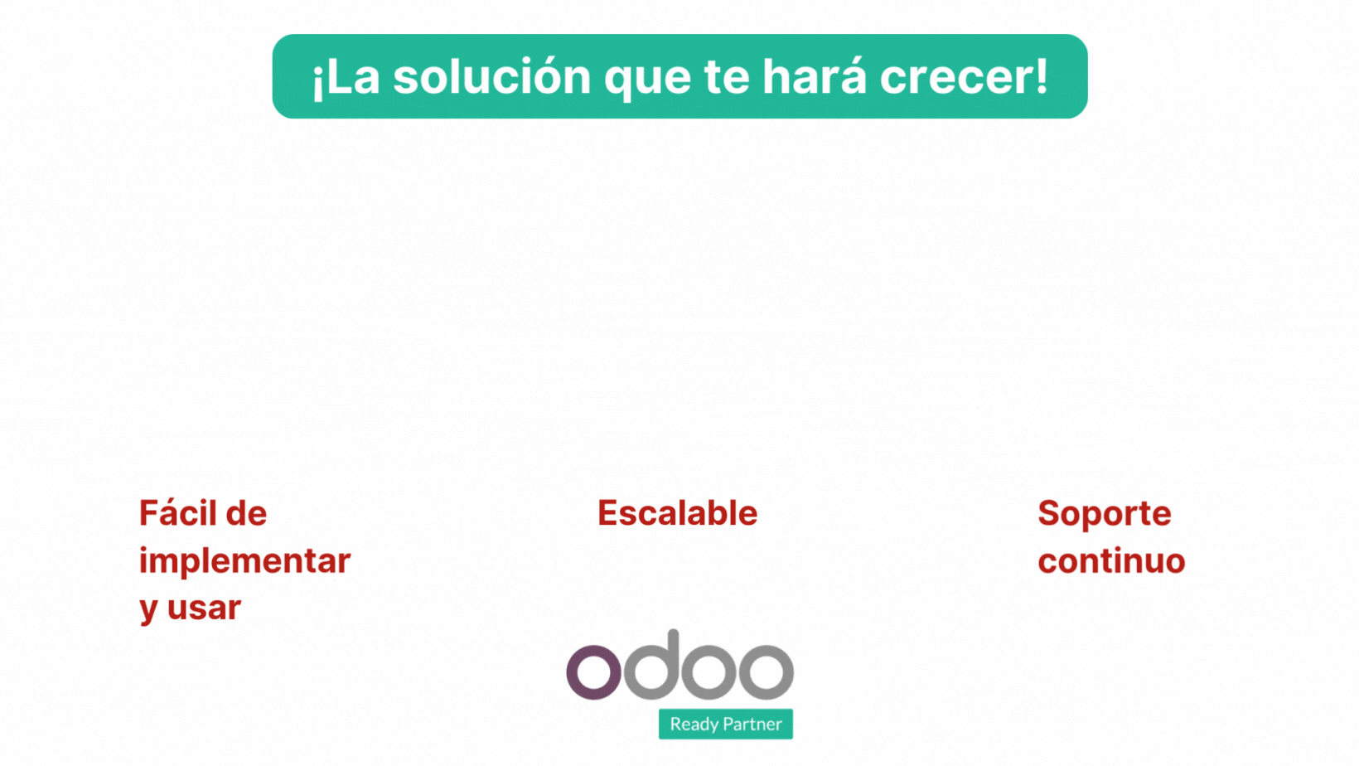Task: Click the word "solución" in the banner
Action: point(492,77)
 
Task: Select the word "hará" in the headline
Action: point(815,77)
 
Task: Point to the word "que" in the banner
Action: point(647,83)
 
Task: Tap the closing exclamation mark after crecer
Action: point(1042,75)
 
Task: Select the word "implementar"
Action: point(245,560)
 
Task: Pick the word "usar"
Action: point(204,608)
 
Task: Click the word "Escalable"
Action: point(678,513)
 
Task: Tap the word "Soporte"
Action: point(1105,514)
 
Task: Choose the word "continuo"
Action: point(1111,561)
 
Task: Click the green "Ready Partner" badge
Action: point(726,724)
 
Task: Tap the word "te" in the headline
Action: point(727,78)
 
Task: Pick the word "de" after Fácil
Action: point(246,513)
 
